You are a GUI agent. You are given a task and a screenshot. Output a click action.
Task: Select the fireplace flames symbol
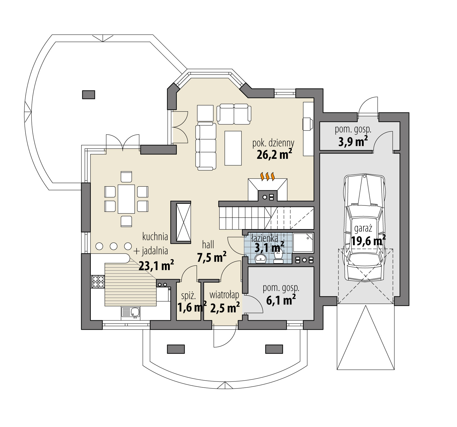tap(267, 176)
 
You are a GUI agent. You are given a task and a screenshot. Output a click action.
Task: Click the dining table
tap(126, 199)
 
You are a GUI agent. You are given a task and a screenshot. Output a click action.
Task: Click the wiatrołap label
tap(224, 295)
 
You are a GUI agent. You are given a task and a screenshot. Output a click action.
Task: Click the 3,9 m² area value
tap(353, 141)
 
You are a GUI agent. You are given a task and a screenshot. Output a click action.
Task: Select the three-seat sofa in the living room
tap(205, 146)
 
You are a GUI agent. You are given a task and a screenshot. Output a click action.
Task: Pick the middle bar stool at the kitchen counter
tap(114, 246)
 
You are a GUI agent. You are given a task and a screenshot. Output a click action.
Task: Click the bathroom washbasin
tap(261, 258)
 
